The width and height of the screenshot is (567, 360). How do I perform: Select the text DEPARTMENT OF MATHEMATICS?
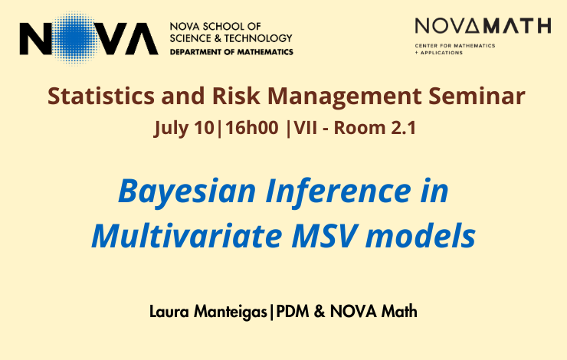(231, 52)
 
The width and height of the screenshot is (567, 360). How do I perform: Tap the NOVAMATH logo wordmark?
(483, 26)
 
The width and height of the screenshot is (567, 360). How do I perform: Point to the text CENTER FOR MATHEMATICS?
(455, 46)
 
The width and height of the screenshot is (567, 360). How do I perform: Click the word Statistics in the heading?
(101, 97)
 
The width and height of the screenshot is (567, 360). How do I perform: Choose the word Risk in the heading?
(236, 97)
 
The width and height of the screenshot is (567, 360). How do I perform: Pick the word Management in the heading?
(344, 97)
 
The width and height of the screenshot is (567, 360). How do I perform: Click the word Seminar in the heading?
(477, 97)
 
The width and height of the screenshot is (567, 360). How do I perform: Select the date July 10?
(184, 129)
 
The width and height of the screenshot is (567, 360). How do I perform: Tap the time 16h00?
(252, 128)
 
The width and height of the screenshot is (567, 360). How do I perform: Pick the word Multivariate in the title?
(187, 236)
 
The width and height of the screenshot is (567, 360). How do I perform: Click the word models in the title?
(421, 236)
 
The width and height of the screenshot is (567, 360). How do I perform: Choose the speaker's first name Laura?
(169, 312)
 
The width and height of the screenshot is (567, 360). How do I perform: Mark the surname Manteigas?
(231, 313)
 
